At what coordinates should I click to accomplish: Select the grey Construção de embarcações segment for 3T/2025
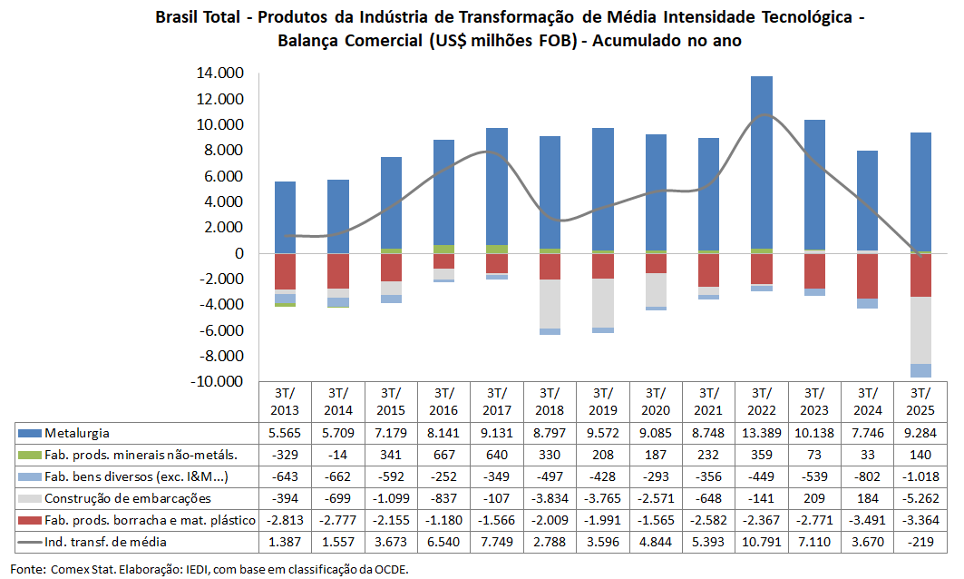(x=920, y=330)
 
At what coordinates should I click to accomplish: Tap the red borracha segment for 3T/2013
(x=285, y=271)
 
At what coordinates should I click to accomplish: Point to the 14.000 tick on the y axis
(x=219, y=74)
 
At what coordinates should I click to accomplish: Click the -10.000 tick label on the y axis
(x=216, y=382)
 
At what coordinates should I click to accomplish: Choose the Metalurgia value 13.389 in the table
(x=761, y=434)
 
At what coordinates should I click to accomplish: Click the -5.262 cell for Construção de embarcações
(x=920, y=498)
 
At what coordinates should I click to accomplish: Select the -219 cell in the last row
(x=920, y=542)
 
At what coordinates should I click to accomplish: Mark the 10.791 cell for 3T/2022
(x=761, y=542)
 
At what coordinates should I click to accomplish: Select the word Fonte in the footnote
(x=28, y=569)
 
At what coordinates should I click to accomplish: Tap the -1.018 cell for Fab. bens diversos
(x=920, y=476)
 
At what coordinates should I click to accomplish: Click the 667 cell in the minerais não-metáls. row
(x=443, y=456)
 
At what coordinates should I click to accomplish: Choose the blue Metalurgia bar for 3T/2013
(x=285, y=217)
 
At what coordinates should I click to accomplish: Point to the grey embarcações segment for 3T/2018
(x=549, y=304)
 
